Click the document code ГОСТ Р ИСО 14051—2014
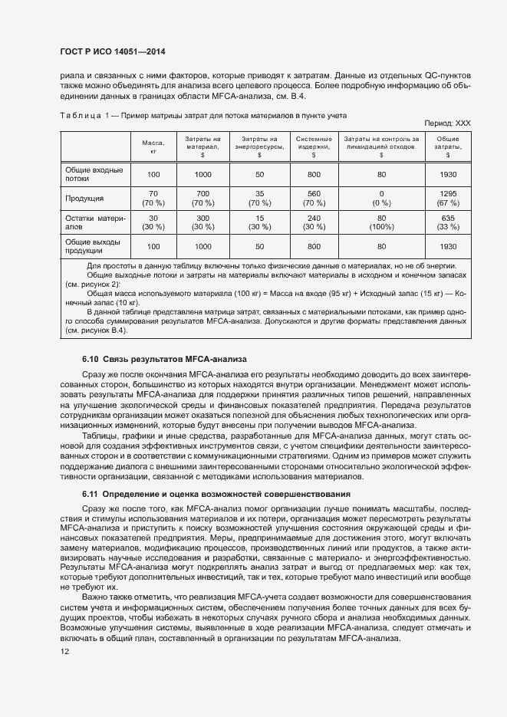(x=113, y=52)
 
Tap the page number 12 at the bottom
(x=66, y=652)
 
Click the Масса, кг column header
(x=153, y=147)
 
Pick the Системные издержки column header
(x=314, y=146)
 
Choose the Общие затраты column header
(x=448, y=146)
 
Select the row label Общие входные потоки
(x=87, y=173)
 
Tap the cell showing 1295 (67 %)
(x=448, y=198)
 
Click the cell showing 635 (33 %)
(x=448, y=222)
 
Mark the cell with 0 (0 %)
(x=381, y=198)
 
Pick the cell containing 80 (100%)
(x=381, y=222)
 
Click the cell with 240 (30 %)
(x=314, y=222)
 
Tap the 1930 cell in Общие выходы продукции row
(x=448, y=247)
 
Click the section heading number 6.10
(x=91, y=360)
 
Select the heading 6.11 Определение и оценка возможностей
(x=216, y=495)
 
